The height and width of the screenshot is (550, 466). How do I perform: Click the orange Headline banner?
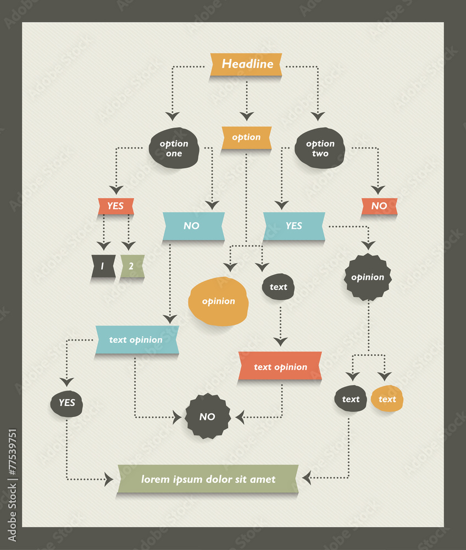247,64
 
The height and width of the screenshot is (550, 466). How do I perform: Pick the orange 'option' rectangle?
246,137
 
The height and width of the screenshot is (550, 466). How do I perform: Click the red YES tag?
115,206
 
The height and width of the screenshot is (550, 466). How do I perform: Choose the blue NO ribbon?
193,226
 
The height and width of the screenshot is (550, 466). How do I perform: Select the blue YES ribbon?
294,226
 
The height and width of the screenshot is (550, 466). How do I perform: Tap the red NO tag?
379,206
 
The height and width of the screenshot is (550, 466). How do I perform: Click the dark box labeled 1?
103,266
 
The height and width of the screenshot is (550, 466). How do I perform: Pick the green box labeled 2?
132,266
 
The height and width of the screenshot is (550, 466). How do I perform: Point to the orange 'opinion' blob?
218,301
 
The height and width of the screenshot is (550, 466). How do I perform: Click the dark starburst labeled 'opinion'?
368,277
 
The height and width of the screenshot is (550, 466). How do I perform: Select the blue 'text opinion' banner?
136,340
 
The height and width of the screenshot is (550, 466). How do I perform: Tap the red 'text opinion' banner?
280,367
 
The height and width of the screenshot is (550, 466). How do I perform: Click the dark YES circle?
66,403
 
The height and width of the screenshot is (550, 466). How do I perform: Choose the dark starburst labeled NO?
207,417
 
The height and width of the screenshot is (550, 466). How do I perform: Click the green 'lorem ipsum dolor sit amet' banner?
208,479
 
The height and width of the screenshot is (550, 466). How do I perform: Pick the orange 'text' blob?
387,399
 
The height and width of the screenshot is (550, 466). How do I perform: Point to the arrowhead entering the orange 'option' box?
247,116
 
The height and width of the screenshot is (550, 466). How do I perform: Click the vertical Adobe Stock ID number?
12,484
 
